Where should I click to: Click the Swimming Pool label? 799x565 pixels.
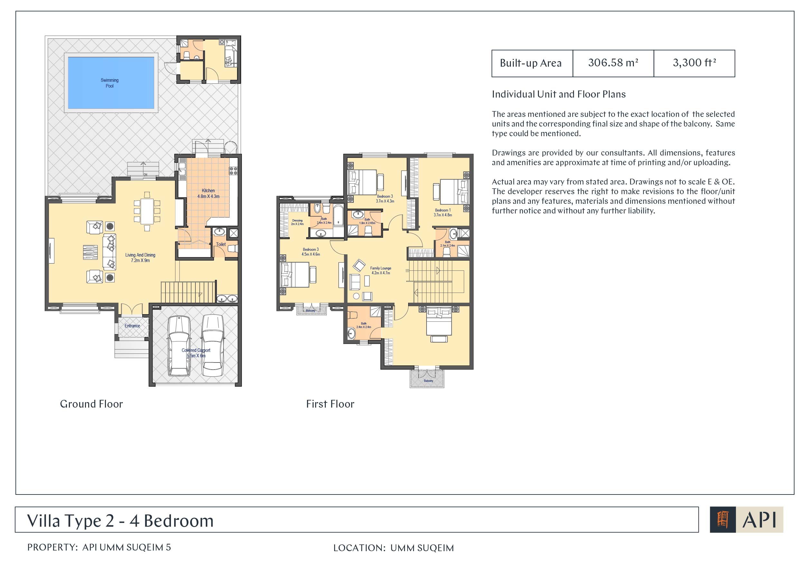click(110, 83)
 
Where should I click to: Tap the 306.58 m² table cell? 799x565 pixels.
click(613, 63)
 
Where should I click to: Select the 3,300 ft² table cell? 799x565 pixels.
click(694, 63)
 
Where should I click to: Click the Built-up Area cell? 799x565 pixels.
click(532, 63)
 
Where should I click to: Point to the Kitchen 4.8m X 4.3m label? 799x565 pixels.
click(209, 193)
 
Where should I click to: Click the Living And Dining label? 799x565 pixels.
click(140, 258)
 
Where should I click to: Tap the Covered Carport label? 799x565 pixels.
click(196, 353)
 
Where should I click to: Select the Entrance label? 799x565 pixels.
click(132, 326)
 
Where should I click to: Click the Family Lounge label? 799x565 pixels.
click(381, 270)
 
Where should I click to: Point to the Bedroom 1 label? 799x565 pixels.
click(443, 212)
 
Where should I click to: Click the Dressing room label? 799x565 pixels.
click(297, 222)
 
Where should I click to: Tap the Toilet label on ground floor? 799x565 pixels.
click(221, 244)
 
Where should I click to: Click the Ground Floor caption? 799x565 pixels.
click(91, 404)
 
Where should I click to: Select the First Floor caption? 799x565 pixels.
click(330, 404)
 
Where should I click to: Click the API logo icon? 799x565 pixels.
click(723, 520)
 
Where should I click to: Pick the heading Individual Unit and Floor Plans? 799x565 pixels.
click(559, 94)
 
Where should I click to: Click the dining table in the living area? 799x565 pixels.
click(147, 211)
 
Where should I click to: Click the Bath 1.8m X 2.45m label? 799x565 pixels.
click(367, 221)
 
